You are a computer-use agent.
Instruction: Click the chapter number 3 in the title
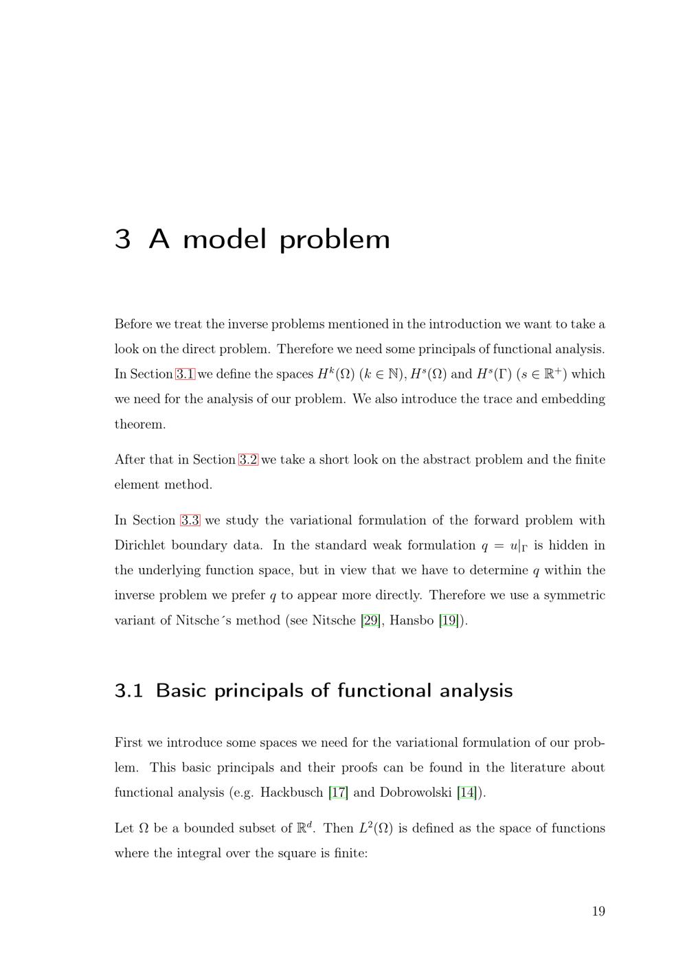click(122, 239)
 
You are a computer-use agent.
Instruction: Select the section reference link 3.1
click(185, 374)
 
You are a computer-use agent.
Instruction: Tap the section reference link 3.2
click(248, 460)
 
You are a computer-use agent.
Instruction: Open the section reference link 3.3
click(190, 521)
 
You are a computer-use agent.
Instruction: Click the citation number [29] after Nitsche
click(370, 620)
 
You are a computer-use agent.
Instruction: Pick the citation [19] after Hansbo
click(449, 620)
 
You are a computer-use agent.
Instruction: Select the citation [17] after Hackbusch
click(338, 792)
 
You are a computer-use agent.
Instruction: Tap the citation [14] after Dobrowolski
click(467, 792)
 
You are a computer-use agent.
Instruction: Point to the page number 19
click(598, 912)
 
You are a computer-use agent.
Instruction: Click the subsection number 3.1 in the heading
click(128, 690)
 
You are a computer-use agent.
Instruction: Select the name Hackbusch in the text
click(291, 792)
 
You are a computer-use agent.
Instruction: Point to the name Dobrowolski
click(416, 792)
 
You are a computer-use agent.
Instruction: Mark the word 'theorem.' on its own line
click(140, 425)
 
